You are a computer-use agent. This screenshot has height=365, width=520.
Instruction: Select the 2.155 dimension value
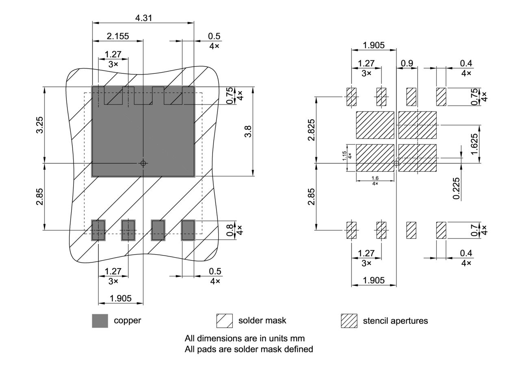118,36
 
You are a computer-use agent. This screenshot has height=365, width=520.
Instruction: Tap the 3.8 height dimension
248,132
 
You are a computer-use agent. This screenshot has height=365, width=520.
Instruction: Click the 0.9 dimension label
407,63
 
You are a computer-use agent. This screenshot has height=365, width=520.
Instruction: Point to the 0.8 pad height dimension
230,230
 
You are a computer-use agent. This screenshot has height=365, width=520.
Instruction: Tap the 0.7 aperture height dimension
474,230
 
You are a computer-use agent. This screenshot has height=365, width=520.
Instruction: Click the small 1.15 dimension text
344,156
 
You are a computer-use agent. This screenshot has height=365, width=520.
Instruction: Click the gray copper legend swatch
100,321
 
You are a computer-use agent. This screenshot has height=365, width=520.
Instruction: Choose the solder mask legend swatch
225,321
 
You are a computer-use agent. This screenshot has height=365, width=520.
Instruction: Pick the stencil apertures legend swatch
349,321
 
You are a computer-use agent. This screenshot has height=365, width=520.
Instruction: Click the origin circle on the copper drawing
143,163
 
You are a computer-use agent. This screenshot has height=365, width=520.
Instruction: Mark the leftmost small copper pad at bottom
98,230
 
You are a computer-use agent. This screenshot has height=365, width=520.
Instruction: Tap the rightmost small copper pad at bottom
188,230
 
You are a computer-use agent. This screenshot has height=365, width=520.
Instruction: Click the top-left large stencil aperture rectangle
375,125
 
